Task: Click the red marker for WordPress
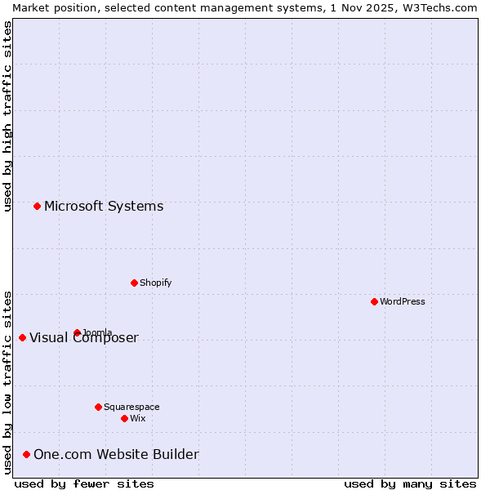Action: (374, 301)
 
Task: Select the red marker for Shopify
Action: (134, 283)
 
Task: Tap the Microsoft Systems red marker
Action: (37, 206)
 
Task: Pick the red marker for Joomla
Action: (77, 332)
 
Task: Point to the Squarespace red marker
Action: (98, 407)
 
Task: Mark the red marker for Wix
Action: (124, 418)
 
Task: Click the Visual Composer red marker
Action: (22, 337)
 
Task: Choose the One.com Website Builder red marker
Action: (26, 454)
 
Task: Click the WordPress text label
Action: (403, 301)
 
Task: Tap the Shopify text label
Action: (156, 283)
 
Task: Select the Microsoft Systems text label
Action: (104, 206)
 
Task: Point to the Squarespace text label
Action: (131, 407)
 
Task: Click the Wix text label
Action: (138, 418)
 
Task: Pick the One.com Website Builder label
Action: (116, 454)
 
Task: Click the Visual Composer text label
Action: (84, 338)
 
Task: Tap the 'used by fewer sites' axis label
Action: (84, 483)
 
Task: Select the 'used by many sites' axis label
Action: (410, 483)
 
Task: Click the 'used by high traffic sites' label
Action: (7, 116)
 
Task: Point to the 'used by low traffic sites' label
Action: (7, 382)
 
